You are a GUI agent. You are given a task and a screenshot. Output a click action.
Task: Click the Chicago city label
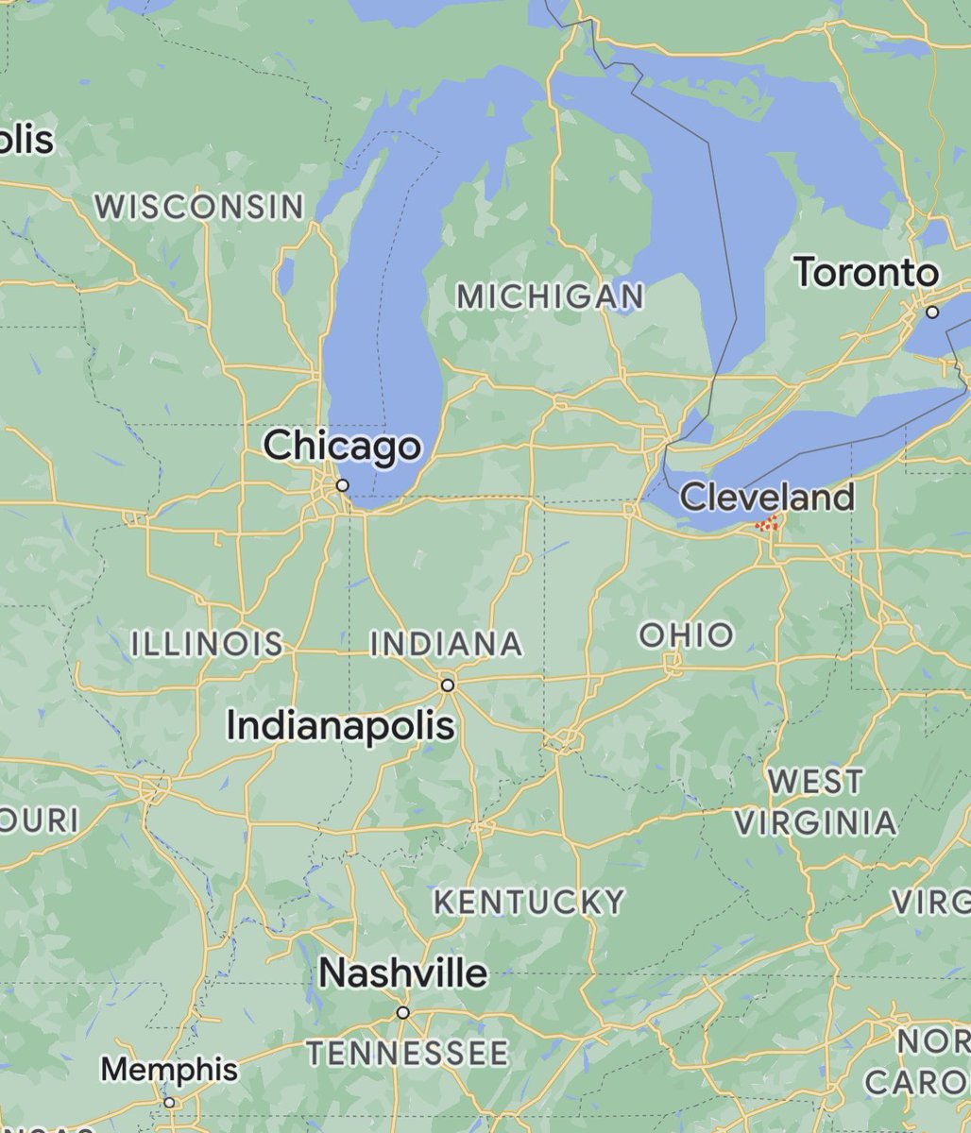[x=342, y=446]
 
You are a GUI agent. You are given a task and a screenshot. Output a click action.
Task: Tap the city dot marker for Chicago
[x=343, y=485]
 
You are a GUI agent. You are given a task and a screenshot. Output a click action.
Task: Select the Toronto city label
[x=866, y=273]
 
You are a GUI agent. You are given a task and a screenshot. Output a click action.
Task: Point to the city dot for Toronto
[x=932, y=312]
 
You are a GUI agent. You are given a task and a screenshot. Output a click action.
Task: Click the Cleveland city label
[x=767, y=497]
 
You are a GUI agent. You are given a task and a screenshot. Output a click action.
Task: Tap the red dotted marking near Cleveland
[x=769, y=523]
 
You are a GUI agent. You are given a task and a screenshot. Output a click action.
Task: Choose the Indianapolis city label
[x=341, y=725]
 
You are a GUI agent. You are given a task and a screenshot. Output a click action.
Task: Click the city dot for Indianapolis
[x=448, y=685]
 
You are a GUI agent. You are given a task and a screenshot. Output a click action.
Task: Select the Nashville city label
[x=403, y=972]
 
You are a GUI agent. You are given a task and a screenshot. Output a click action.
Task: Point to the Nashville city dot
[x=403, y=1012]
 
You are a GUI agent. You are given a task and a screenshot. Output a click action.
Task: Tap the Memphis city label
[x=169, y=1070]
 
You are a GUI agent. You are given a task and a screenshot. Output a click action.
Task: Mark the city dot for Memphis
[x=169, y=1102]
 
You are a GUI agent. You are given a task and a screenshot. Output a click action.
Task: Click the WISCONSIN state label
[x=200, y=207]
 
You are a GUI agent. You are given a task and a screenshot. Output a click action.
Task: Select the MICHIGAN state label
[x=550, y=296]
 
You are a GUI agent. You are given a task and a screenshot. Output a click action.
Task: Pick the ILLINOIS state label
[x=207, y=644]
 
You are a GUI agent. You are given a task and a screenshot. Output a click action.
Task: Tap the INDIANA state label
[x=446, y=644]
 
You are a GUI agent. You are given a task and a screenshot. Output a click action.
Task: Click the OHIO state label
[x=686, y=634]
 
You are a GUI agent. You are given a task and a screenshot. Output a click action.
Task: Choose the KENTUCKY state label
[x=529, y=902]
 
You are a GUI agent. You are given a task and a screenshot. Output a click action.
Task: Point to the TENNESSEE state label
[x=407, y=1052]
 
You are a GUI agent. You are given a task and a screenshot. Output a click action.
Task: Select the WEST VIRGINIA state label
[x=815, y=803]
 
